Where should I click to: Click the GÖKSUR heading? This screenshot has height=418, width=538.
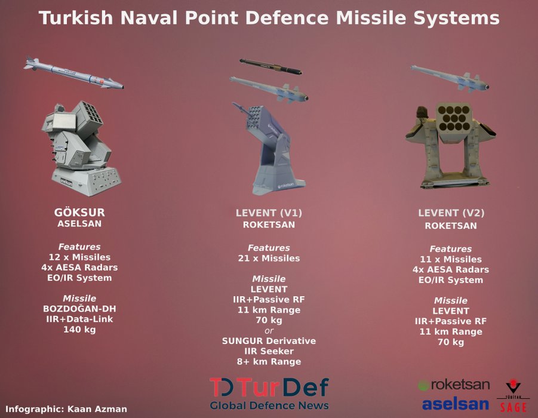coord(79,213)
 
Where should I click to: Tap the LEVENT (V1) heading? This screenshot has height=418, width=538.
coord(269,213)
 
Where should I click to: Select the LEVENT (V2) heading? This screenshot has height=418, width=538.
coord(451,213)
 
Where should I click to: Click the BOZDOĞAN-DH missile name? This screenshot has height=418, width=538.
coord(79,309)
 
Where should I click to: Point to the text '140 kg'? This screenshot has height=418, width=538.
coord(79,330)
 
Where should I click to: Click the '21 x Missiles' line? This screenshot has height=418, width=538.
coord(269,258)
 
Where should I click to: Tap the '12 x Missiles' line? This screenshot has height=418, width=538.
coord(79,257)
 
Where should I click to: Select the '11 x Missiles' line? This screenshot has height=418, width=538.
coord(451,259)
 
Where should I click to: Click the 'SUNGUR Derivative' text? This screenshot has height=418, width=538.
coord(269,341)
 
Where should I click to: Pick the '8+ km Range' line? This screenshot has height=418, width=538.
coord(269,362)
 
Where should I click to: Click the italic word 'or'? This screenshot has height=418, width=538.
coord(269,331)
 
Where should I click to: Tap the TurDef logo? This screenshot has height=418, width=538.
coord(269,394)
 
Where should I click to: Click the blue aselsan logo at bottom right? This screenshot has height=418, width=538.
coord(456,404)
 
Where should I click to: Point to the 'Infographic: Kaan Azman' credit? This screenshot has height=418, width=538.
coord(66,409)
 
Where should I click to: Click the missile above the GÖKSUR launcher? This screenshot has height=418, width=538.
coord(73,73)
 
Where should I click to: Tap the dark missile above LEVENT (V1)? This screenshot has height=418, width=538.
coord(270,66)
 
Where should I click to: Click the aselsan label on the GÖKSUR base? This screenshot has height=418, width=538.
coord(66,181)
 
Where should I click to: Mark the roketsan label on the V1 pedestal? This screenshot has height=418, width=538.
coord(285,185)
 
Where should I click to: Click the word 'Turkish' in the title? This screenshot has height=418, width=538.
coord(75,17)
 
